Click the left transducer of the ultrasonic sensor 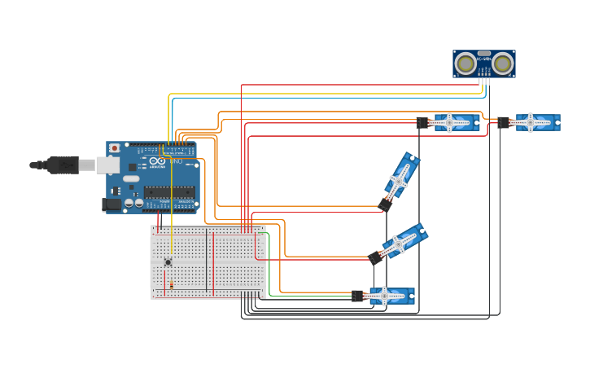tap(465, 64)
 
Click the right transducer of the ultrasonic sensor tap(503, 64)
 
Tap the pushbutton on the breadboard tap(168, 261)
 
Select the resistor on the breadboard tap(172, 284)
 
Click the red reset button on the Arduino tap(115, 148)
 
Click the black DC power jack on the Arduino tap(111, 204)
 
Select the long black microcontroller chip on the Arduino tap(169, 192)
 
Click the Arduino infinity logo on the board tap(156, 162)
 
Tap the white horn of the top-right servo tap(531, 123)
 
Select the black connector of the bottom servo tap(357, 297)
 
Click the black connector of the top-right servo tap(504, 123)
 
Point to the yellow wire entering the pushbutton tap(171, 236)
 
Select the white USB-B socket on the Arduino tap(107, 165)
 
